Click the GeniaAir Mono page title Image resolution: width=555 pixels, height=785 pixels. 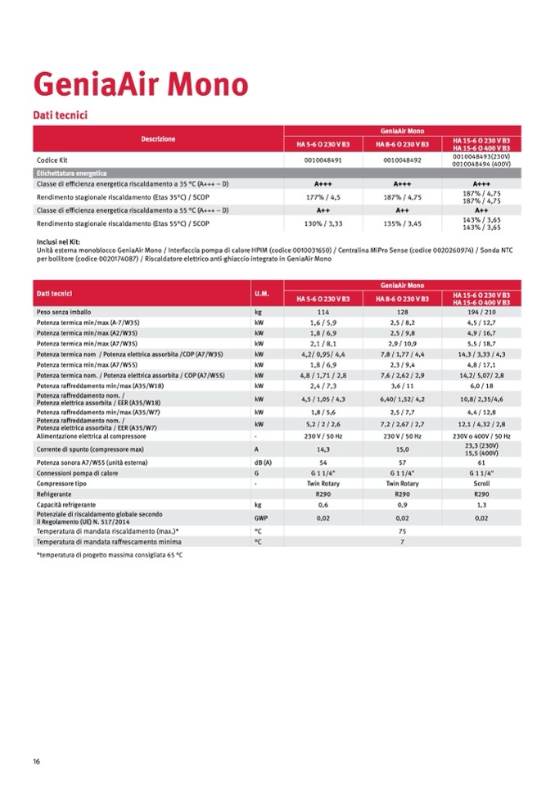[x=140, y=84]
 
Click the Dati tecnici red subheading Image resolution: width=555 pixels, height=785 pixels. [x=60, y=115]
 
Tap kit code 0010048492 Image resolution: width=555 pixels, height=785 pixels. [x=402, y=160]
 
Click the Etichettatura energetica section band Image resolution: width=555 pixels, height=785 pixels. [x=72, y=174]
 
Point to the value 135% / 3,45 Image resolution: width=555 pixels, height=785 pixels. [x=402, y=223]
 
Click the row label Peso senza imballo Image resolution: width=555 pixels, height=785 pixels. [x=64, y=313]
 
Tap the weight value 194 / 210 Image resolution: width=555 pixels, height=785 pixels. [x=481, y=313]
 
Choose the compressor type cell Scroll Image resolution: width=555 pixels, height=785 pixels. [x=481, y=484]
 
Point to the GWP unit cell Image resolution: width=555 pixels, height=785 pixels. [x=261, y=518]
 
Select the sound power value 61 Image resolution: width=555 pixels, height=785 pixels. [x=481, y=462]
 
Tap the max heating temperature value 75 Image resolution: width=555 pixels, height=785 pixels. [x=402, y=531]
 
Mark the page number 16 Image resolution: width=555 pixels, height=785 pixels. [x=37, y=761]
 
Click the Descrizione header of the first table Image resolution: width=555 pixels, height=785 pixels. [x=158, y=139]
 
